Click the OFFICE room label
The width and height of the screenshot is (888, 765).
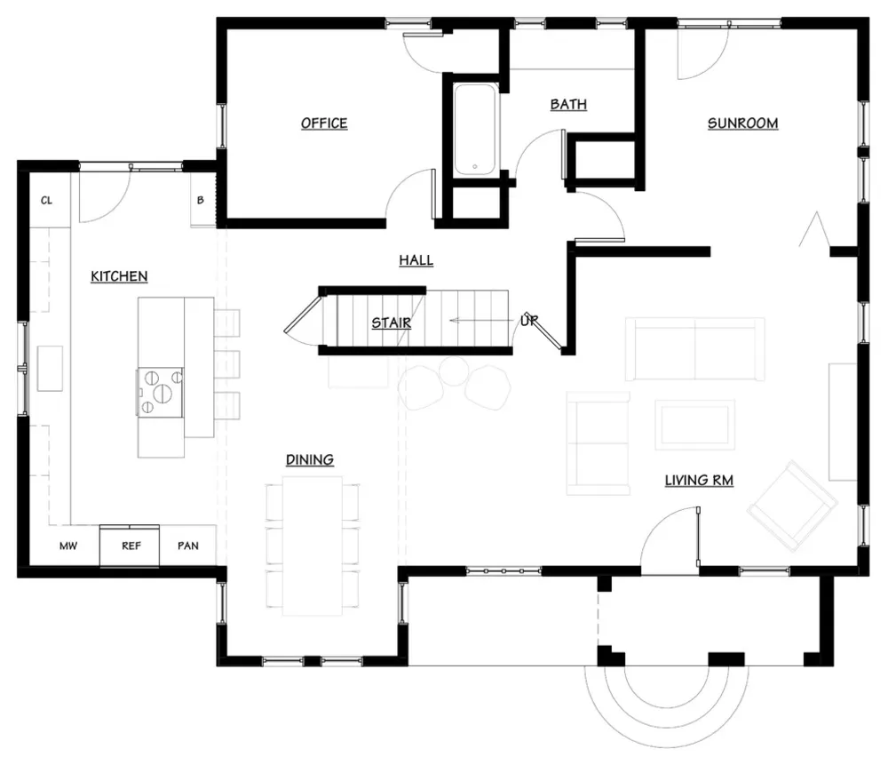324,123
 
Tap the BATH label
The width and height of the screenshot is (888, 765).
568,104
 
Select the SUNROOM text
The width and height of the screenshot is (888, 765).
742,123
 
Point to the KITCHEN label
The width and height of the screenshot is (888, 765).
119,276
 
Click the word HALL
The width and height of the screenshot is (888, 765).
416,260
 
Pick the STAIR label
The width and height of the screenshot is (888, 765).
392,323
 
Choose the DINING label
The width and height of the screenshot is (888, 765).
310,459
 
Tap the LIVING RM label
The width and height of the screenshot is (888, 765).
699,481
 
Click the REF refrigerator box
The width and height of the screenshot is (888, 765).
130,546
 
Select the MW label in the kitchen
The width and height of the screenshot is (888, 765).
68,546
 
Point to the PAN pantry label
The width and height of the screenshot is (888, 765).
188,546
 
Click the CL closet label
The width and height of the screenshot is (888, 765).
46,200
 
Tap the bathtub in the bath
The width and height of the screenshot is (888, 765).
475,129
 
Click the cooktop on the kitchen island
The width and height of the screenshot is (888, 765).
160,392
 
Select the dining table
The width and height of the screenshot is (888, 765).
312,546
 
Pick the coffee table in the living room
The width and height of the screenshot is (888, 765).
695,425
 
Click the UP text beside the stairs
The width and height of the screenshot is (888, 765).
529,321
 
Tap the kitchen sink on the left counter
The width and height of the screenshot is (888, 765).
50,369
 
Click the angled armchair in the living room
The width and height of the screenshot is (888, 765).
792,506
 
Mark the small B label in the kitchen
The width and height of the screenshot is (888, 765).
201,200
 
